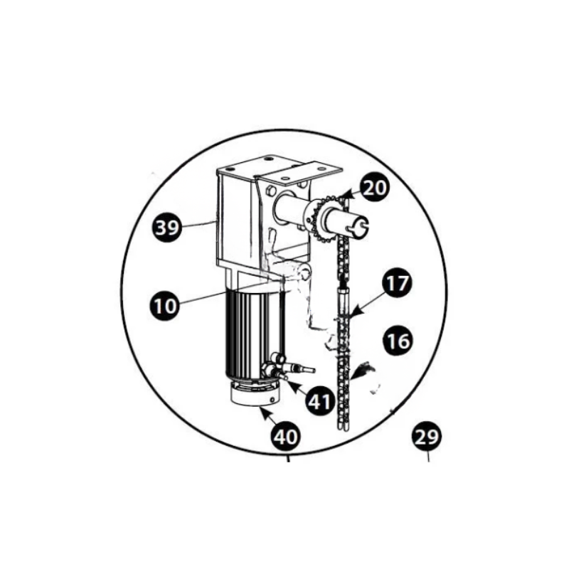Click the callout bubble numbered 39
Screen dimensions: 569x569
166,228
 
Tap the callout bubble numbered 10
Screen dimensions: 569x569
165,305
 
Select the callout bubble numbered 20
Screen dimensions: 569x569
374,188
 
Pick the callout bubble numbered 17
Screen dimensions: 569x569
398,283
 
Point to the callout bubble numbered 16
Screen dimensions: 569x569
398,341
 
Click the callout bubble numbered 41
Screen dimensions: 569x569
319,401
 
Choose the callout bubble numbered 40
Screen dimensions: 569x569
286,436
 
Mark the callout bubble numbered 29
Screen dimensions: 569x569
426,437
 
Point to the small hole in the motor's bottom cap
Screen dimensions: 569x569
272,400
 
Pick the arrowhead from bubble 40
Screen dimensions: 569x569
263,412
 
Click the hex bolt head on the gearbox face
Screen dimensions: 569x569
270,190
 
